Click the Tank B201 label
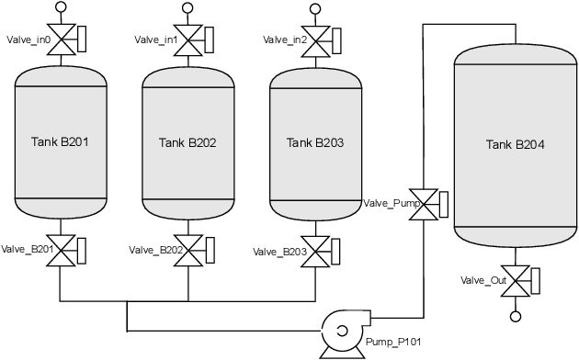point(60,142)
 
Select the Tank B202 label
point(187,142)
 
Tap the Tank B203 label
point(313,142)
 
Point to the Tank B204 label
point(516,144)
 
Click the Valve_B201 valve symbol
point(61,250)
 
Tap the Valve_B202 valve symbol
point(187,250)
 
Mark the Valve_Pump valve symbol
point(423,204)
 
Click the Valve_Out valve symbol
point(516,279)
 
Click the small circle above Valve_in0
point(61,7)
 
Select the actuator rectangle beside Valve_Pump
point(444,204)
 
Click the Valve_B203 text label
point(280,252)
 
